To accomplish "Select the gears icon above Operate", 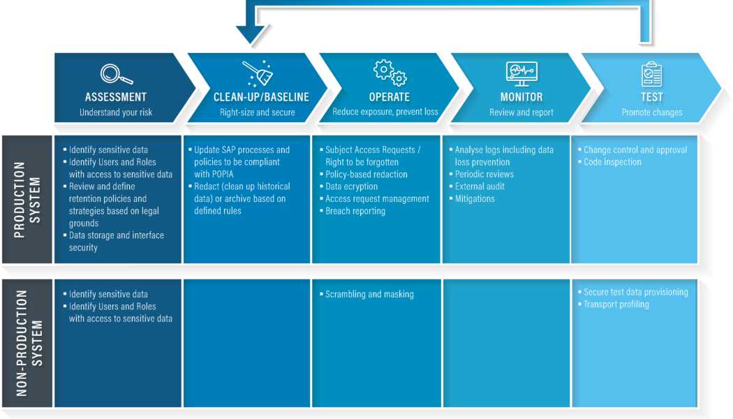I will pos(389,72).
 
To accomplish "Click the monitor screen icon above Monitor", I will pos(521,73).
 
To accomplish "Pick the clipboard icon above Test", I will pos(651,73).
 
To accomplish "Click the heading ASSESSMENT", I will pos(116,98).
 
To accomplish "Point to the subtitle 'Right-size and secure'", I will pos(258,112).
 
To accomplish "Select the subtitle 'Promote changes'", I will pos(652,112).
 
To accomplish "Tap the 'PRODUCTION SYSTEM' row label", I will pos(27,200).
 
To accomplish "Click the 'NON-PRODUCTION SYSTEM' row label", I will pos(27,343).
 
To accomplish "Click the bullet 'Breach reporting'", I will pos(355,211).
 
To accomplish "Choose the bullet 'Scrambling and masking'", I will pos(369,295).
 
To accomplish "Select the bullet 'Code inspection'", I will pos(612,162).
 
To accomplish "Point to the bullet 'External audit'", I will pos(480,186).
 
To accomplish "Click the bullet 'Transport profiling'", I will pos(616,304).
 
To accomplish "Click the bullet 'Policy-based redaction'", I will pos(366,174).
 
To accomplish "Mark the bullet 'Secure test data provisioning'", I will pos(635,292).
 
